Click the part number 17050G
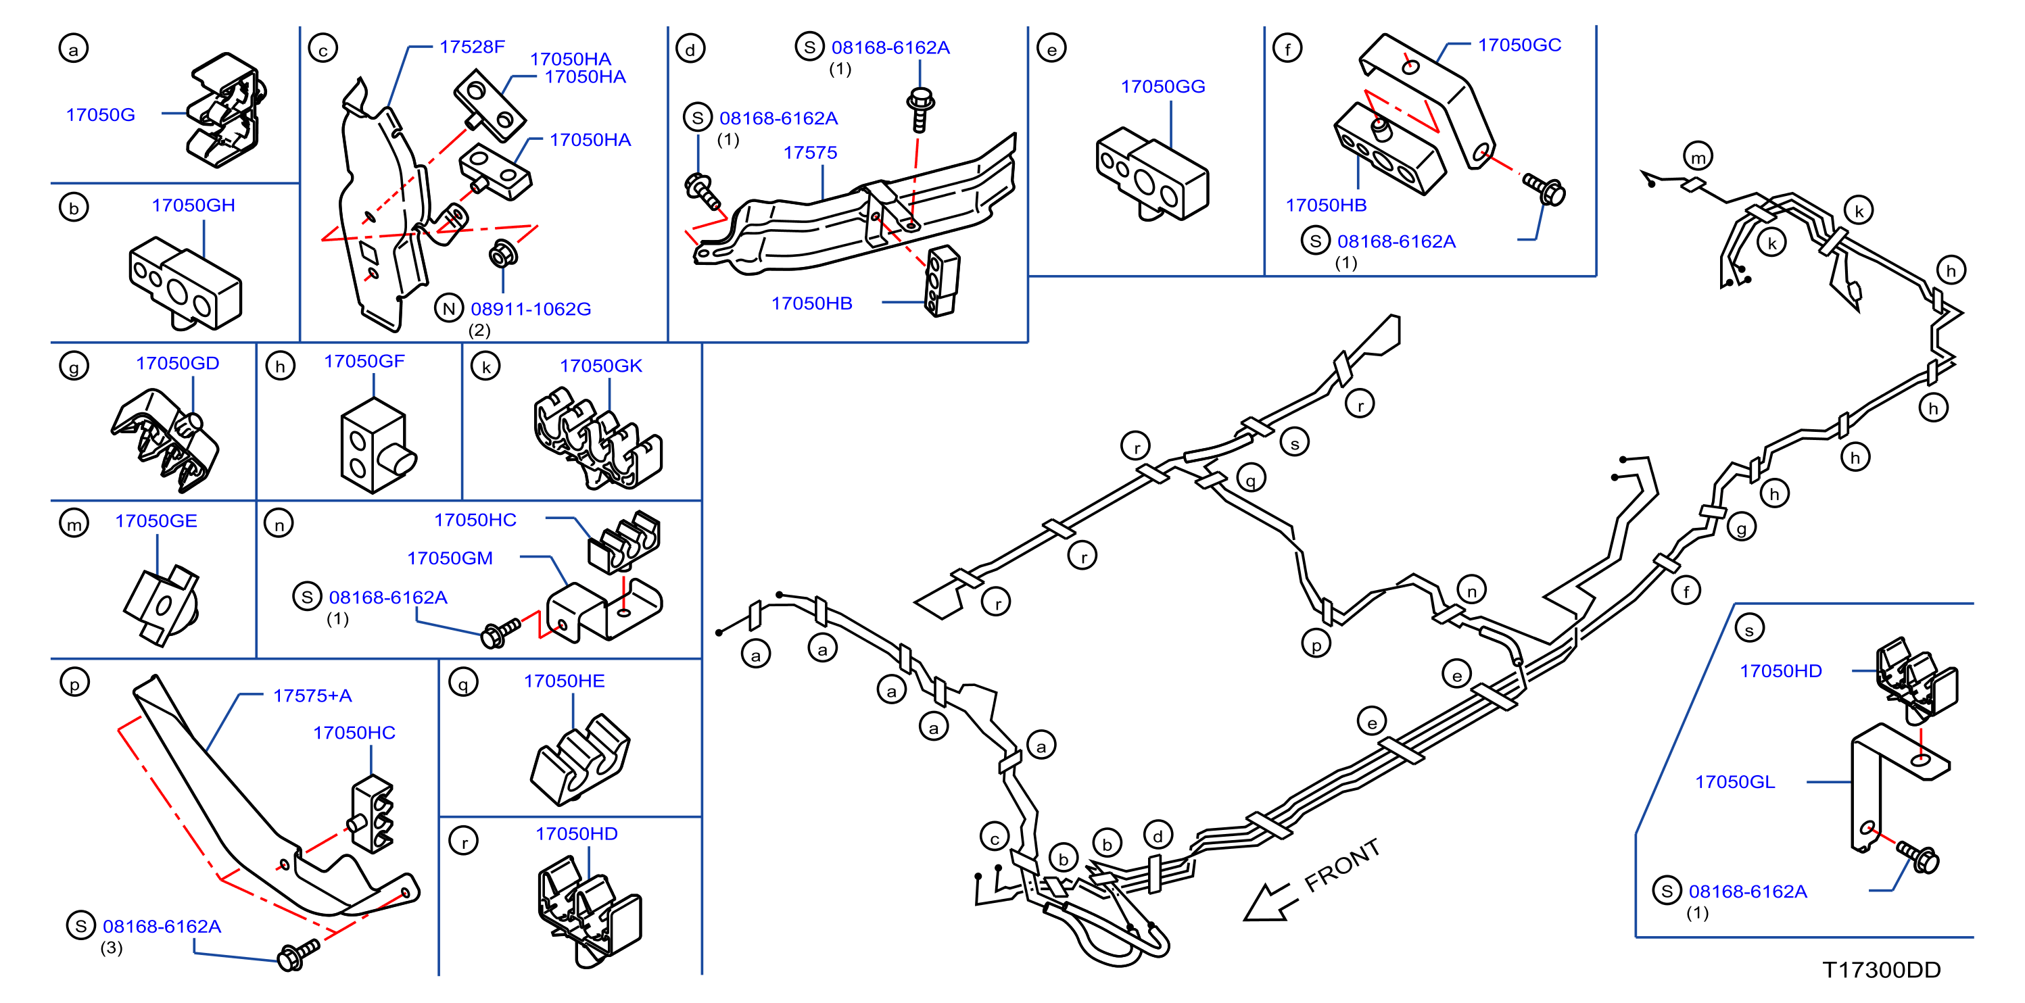tap(101, 115)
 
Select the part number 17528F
tap(472, 47)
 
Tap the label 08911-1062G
tap(531, 309)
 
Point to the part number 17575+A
tap(312, 695)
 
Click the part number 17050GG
tap(1163, 87)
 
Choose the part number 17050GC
tap(1519, 45)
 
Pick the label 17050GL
tap(1735, 782)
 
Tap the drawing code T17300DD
tap(1881, 970)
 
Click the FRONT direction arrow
tap(1267, 902)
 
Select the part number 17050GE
tap(156, 521)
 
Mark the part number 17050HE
tap(565, 681)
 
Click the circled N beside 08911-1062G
tap(449, 308)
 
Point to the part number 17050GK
tap(600, 366)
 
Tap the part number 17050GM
tap(450, 558)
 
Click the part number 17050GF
tap(364, 361)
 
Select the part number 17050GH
tap(193, 205)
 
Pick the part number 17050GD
tap(178, 363)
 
